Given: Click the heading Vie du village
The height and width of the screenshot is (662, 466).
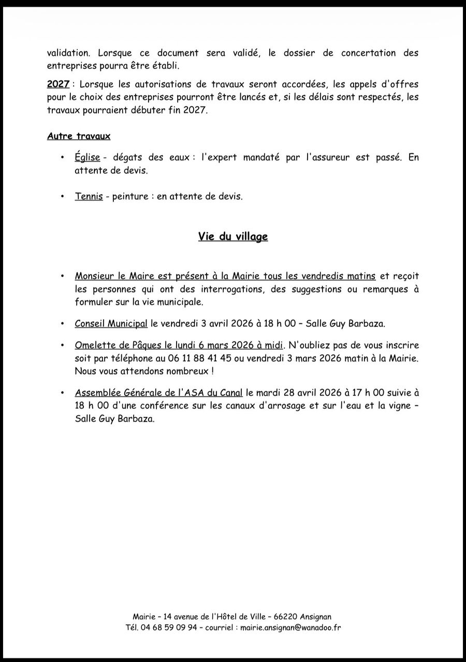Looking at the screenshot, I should click(233, 237).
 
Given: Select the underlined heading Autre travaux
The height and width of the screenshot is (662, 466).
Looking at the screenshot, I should click(79, 136).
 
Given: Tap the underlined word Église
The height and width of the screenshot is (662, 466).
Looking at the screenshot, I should click(88, 157).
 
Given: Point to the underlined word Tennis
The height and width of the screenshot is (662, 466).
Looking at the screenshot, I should click(89, 197).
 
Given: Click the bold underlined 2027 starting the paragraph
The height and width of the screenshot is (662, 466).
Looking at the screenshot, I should click(58, 84).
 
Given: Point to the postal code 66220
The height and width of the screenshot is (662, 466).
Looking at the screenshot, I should click(285, 616).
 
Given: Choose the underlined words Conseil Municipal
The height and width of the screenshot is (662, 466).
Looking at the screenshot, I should click(111, 324).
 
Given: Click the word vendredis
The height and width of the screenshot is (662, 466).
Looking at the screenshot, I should click(310, 276).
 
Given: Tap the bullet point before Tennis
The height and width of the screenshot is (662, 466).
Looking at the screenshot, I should click(63, 197).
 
